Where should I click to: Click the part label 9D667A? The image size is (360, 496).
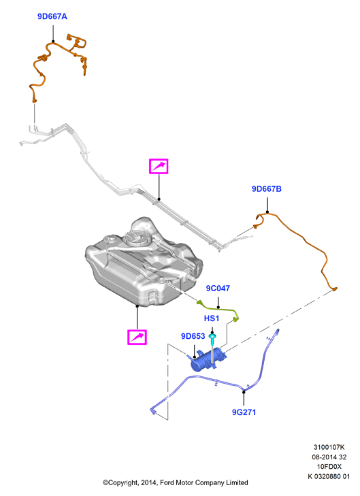point(52,16)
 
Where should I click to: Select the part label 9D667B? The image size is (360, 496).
point(266,189)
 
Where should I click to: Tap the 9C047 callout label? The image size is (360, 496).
point(218,288)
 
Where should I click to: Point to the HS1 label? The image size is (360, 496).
point(212,318)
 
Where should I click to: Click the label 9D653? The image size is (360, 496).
point(193,336)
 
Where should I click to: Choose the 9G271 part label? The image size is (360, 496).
point(244,412)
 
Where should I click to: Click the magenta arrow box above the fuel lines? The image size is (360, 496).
point(159,167)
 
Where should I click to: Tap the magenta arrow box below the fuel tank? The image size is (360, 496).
point(137,337)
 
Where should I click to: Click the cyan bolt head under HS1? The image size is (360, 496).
point(212,336)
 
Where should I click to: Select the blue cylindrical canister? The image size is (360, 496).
point(208,359)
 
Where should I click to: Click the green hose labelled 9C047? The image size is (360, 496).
point(218,308)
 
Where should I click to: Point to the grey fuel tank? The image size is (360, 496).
point(144,263)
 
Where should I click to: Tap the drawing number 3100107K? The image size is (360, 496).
point(329,447)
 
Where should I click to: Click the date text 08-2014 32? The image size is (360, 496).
point(329,457)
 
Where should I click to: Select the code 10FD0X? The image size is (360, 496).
point(329,467)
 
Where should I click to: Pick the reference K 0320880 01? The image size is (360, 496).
point(329,476)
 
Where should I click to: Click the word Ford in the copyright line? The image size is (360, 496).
point(167,482)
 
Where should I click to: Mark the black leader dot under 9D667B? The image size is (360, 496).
point(267,212)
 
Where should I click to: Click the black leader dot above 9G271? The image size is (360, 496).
point(244,393)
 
